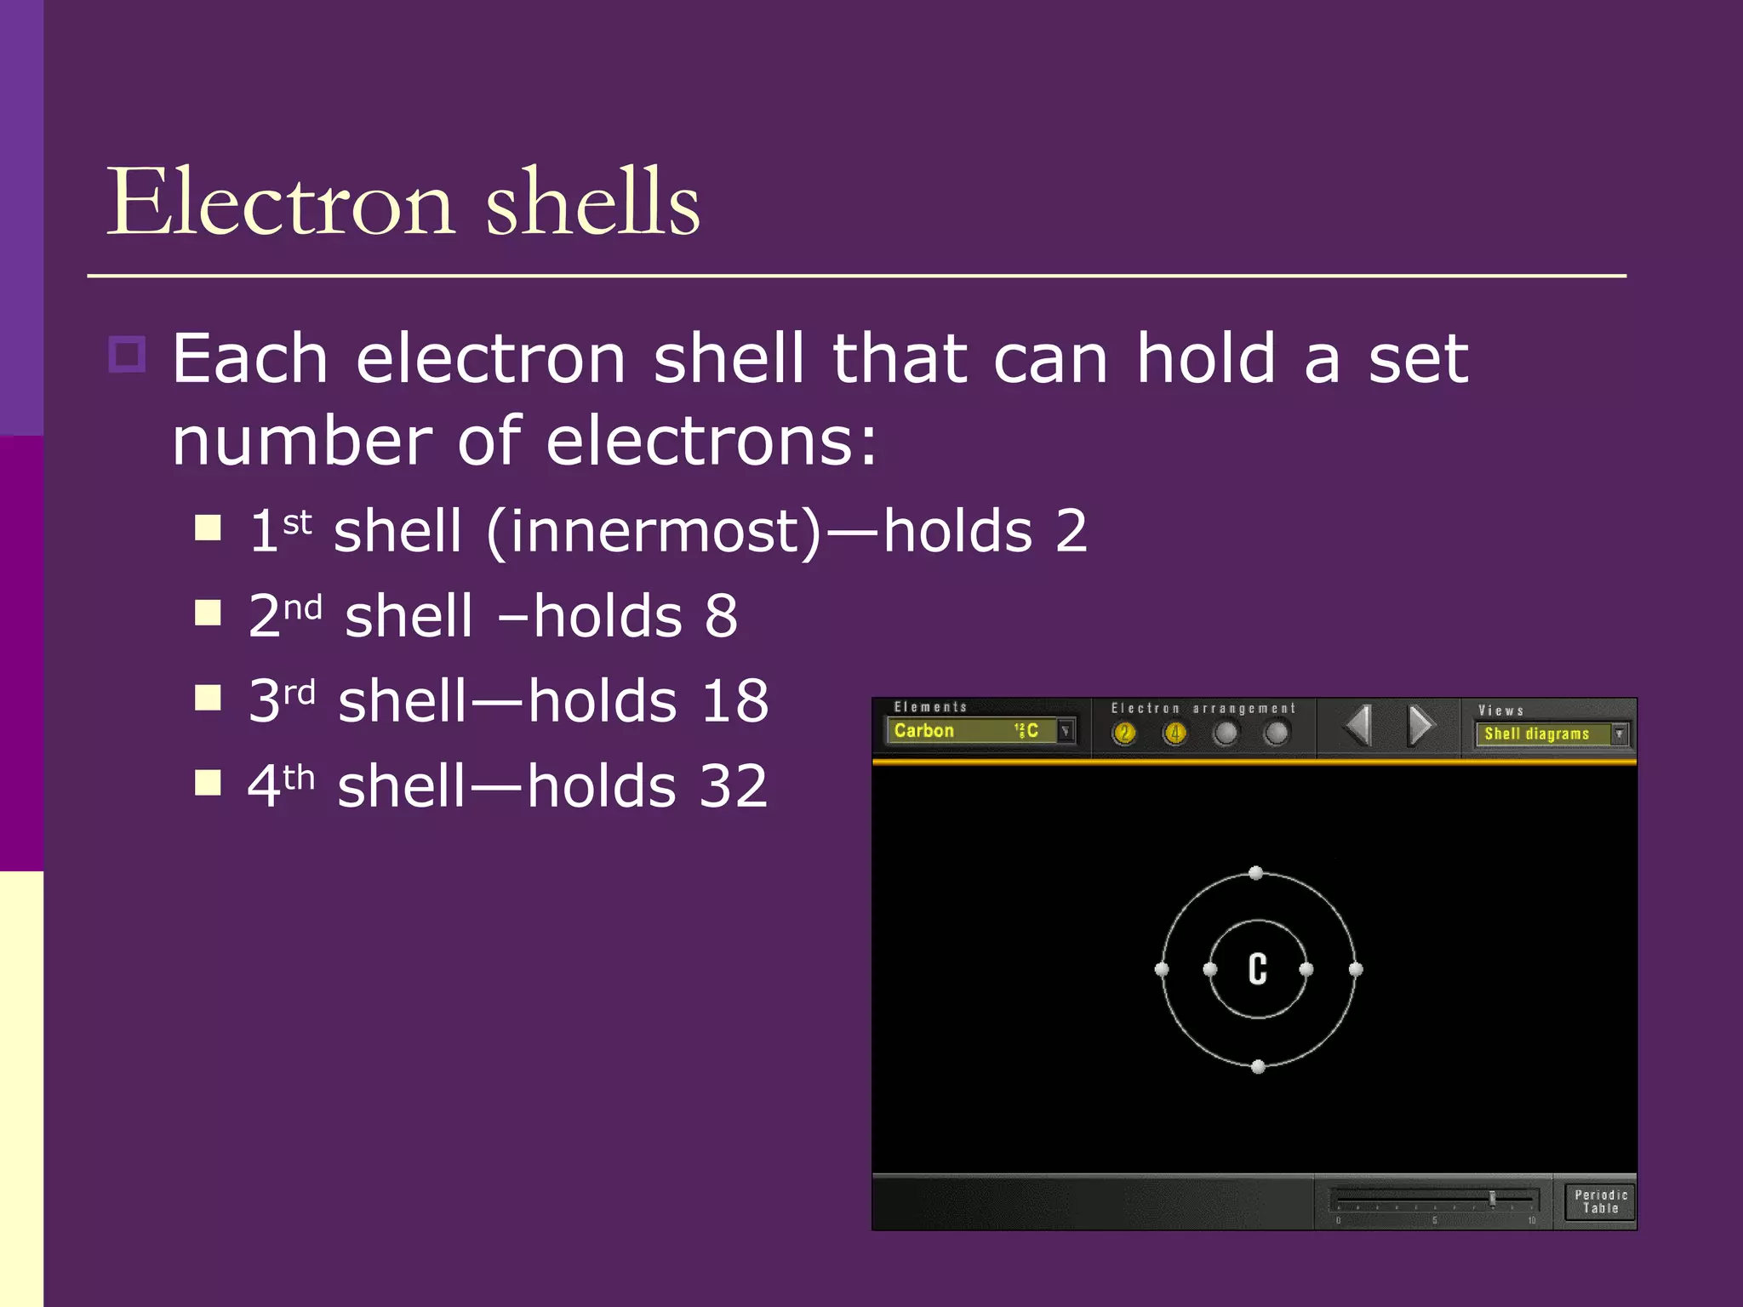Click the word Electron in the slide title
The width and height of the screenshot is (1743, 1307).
(281, 203)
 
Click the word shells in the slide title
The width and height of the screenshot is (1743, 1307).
(592, 203)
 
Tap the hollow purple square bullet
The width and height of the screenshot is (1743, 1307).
(128, 354)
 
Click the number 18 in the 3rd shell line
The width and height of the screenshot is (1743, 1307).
(734, 701)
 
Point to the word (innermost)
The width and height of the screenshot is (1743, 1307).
(654, 532)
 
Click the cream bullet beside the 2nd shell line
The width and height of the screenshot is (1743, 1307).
(208, 613)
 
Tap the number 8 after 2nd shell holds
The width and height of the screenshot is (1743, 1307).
(721, 616)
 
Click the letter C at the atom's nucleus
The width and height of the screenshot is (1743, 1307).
(1258, 969)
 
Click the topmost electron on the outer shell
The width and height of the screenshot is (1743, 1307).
(1255, 873)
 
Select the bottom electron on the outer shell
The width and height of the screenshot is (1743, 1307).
(1259, 1066)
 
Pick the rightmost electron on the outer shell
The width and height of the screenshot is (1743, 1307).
(1356, 969)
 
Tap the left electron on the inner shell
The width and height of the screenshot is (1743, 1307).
(1210, 969)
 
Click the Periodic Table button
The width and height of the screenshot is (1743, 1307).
(1600, 1201)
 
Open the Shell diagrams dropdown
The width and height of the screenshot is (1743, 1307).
(1620, 733)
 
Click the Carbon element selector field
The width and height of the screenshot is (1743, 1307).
(970, 731)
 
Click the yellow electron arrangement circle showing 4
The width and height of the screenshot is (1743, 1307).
(1175, 733)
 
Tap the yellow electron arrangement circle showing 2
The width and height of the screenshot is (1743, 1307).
(1124, 733)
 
